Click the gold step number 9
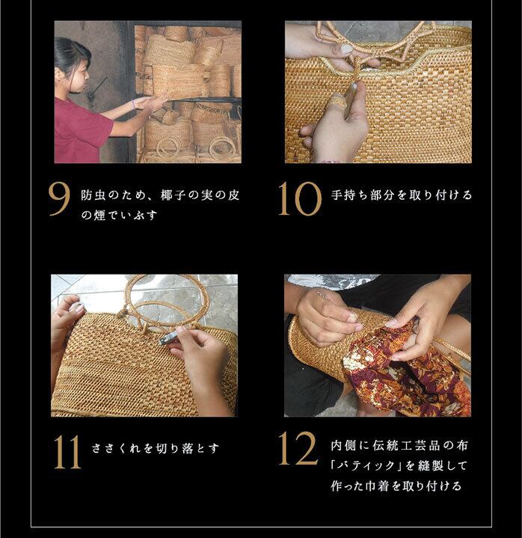point(59,199)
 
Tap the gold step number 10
point(300,199)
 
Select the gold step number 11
point(67,452)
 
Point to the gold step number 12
point(298,448)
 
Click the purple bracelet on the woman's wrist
point(133,104)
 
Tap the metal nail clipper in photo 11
point(168,337)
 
